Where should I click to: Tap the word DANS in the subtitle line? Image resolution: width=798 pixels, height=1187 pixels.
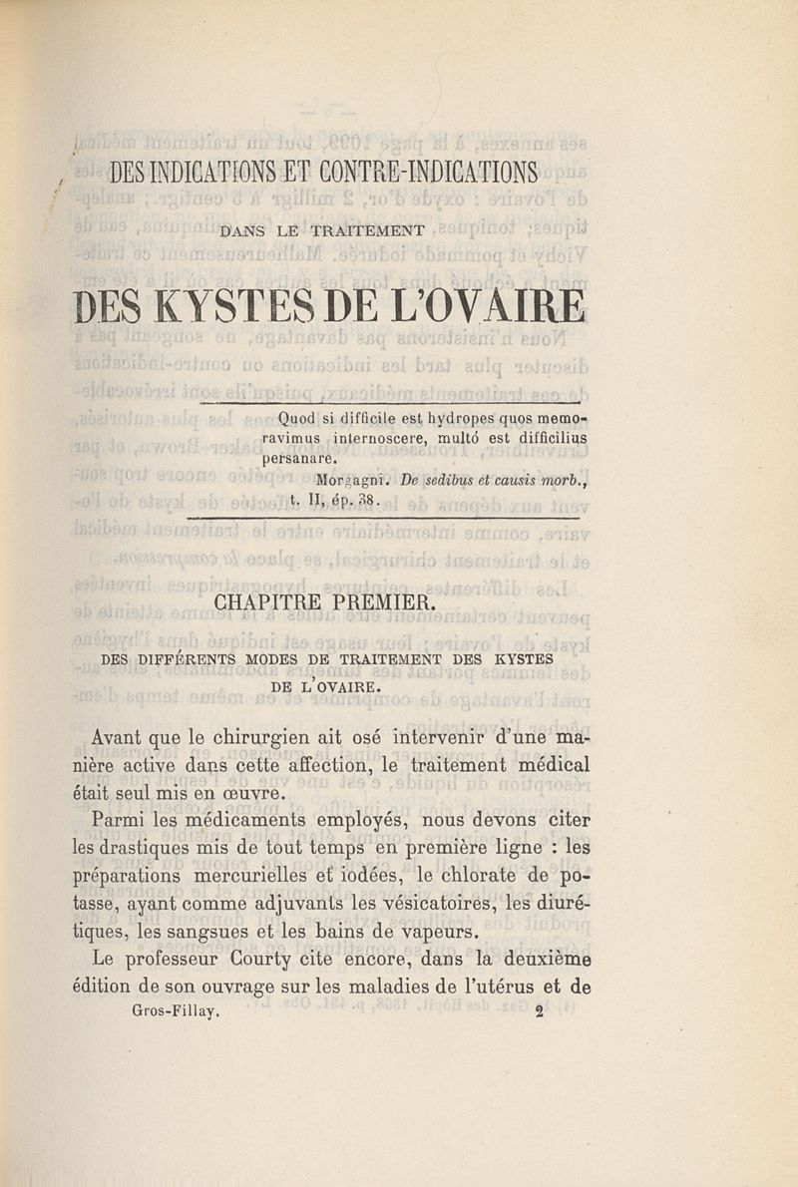point(244,231)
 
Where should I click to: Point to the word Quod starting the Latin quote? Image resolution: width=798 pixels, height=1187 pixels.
point(281,418)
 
